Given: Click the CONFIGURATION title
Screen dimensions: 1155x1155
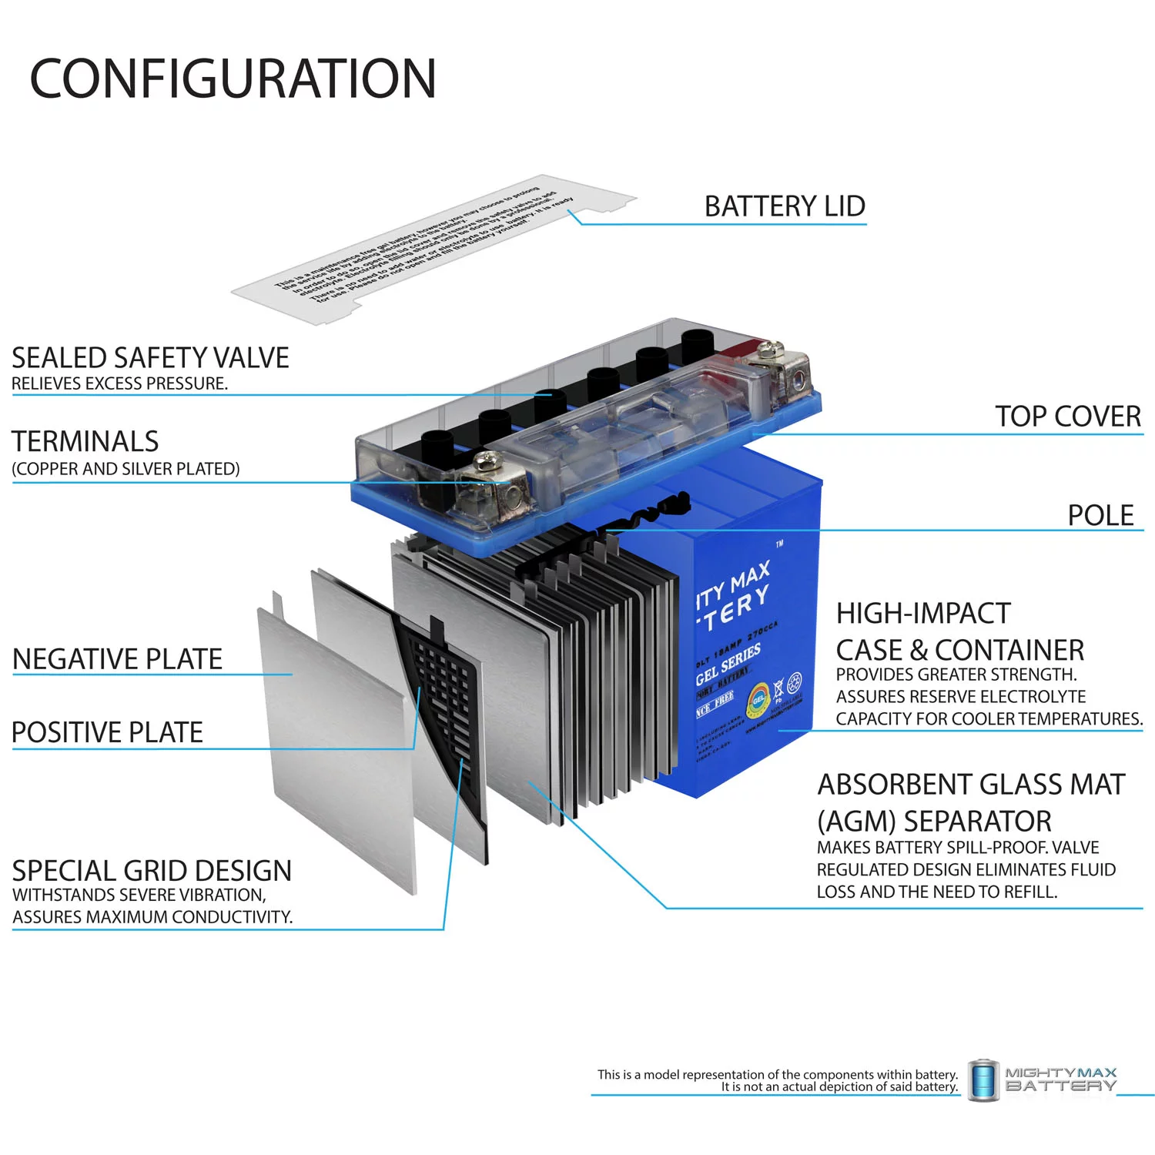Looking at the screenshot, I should [233, 79].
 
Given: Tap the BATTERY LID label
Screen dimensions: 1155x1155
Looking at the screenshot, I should [785, 206].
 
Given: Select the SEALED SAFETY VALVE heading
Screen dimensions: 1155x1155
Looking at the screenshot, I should [150, 358].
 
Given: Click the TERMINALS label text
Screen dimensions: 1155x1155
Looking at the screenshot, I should [85, 441].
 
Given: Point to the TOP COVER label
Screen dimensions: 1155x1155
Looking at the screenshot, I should [1068, 417].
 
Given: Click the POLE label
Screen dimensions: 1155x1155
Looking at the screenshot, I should [1100, 515].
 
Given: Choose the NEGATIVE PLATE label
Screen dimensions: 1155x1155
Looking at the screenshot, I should [117, 659].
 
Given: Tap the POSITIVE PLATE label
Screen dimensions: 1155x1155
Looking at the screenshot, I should [107, 732].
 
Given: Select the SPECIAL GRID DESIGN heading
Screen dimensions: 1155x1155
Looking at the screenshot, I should [152, 871].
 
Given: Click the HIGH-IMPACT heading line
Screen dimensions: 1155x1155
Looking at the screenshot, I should [923, 614].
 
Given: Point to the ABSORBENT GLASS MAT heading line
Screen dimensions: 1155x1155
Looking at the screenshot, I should [971, 785].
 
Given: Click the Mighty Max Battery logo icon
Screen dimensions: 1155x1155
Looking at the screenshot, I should [983, 1080].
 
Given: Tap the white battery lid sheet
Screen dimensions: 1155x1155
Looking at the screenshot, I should [431, 250].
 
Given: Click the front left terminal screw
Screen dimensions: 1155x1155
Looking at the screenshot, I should [487, 462].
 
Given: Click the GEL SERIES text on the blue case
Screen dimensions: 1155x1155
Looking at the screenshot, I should [728, 664].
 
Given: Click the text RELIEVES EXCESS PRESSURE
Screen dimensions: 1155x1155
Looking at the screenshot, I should [119, 383].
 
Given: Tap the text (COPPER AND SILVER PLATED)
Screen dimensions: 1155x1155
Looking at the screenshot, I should [126, 469].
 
